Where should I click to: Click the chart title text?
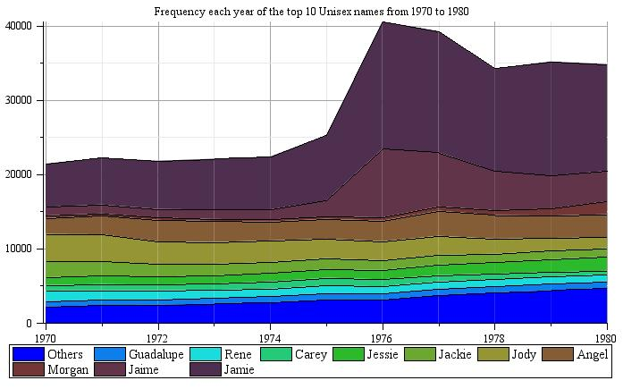point(311,12)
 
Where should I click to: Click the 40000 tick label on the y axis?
point(20,26)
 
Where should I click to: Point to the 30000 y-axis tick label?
point(20,100)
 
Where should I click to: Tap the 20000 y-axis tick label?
point(20,174)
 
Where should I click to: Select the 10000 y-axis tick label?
point(20,249)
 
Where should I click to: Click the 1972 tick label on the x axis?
point(157,338)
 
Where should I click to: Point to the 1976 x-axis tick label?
point(383,338)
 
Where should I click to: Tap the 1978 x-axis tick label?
point(494,338)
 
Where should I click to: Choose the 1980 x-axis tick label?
point(606,338)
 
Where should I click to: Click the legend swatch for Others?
point(28,355)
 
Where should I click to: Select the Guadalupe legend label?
point(156,355)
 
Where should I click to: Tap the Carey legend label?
point(311,355)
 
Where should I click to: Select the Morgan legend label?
point(67,369)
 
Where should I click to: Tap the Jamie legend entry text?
point(239,369)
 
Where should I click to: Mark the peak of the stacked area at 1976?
point(383,21)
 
